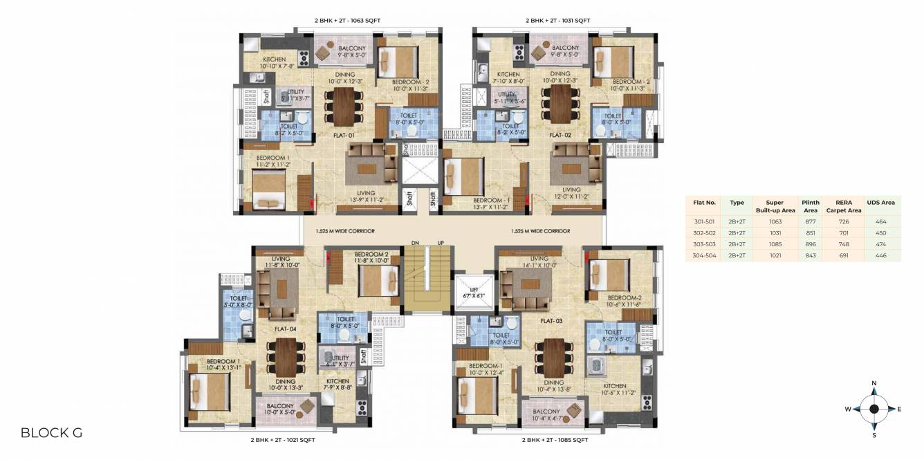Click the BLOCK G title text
tap(51, 433)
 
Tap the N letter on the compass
tap(874, 383)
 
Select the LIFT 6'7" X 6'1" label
tap(474, 293)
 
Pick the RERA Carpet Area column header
tap(844, 206)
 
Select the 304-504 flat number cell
tap(704, 255)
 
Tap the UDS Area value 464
tap(880, 222)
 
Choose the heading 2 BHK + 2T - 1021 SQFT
tap(283, 439)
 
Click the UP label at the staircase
tap(441, 243)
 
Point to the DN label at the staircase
tap(415, 243)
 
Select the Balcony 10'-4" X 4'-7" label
tap(546, 415)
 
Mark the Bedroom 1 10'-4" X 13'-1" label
tap(223, 365)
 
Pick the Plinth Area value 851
tap(810, 233)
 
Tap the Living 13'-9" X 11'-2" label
tap(366, 196)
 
